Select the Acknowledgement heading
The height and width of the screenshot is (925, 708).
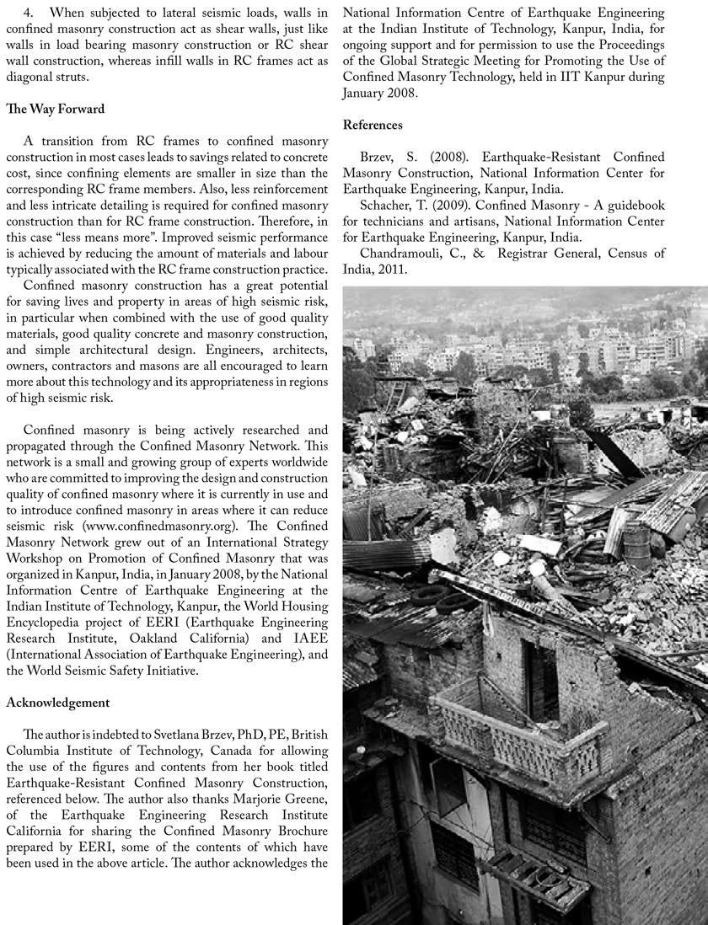click(57, 702)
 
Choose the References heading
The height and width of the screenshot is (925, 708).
click(373, 125)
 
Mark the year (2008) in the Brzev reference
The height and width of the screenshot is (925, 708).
click(426, 158)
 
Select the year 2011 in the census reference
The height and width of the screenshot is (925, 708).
click(392, 269)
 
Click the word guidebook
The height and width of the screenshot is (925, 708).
click(634, 206)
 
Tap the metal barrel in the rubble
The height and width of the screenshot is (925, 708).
click(636, 540)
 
